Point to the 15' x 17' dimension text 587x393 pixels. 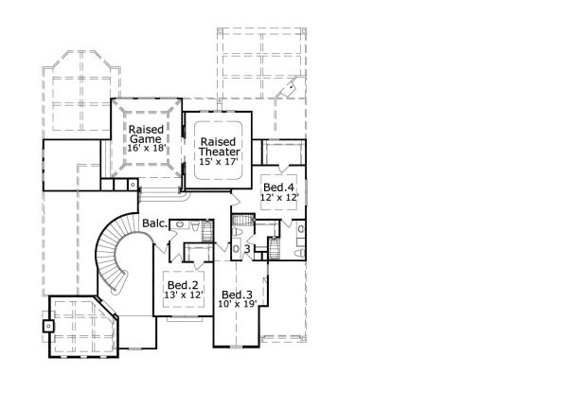tap(219, 163)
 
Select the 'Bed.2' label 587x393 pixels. tap(182, 284)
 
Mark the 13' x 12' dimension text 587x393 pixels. tap(182, 295)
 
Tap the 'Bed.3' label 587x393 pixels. tap(236, 294)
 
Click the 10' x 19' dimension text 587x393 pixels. tap(236, 304)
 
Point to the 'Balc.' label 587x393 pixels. tap(155, 224)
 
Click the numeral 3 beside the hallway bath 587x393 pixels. tap(247, 250)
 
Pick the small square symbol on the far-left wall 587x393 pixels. tap(46, 325)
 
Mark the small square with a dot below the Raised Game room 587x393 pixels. tap(133, 184)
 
